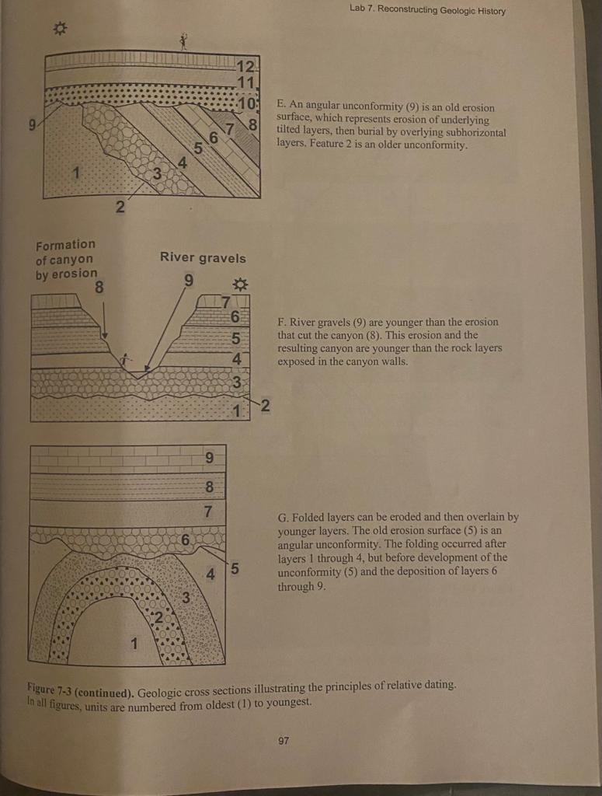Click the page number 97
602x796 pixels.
(284, 741)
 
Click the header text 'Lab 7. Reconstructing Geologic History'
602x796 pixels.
(427, 10)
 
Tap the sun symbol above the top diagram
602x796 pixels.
(59, 30)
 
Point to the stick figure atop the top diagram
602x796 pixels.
(184, 40)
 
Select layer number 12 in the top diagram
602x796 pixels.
(246, 66)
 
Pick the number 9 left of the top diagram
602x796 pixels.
(33, 123)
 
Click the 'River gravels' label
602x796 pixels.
(202, 258)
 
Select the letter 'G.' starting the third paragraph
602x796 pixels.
(283, 516)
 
